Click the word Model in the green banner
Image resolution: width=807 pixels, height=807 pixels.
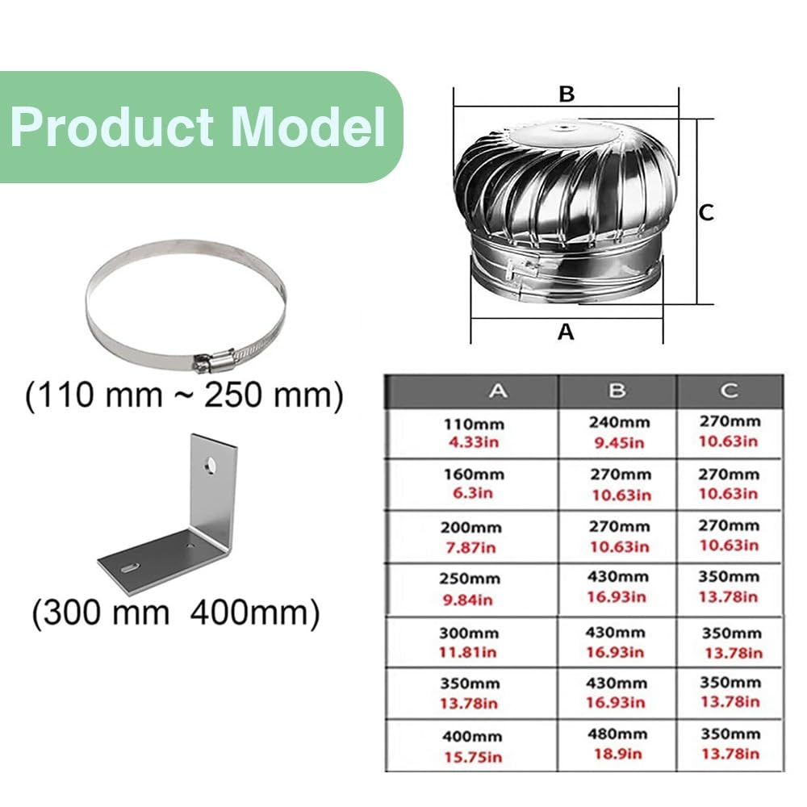pos(308,127)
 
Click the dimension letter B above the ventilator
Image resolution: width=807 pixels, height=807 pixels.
pos(567,94)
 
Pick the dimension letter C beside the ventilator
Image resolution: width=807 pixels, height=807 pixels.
pos(707,212)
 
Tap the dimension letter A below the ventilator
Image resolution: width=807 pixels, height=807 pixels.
pos(566,332)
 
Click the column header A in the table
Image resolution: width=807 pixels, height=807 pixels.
pos(498,391)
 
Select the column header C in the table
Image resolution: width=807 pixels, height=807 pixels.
pos(729,391)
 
